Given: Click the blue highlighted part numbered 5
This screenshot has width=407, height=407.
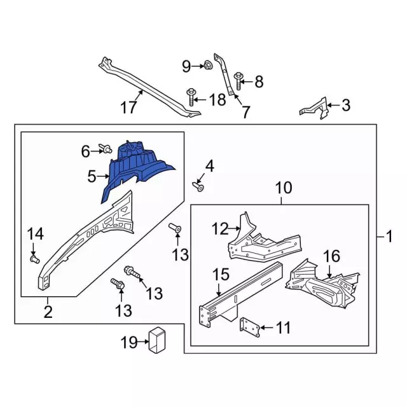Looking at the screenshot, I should [137, 169].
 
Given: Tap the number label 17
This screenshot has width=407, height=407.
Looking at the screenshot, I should [128, 107].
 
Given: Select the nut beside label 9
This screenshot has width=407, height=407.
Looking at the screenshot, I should [207, 65].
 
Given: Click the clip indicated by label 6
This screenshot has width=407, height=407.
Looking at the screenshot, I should [106, 150].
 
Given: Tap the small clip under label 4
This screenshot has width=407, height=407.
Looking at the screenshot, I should [199, 187].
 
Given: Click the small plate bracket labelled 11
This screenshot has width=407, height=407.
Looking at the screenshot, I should [249, 327].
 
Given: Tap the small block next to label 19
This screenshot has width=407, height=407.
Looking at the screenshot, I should [156, 339].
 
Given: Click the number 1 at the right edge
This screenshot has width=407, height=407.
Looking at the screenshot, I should [389, 237].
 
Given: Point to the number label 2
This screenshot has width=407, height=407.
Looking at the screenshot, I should [48, 312].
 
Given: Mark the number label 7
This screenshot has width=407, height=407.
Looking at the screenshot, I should [245, 112].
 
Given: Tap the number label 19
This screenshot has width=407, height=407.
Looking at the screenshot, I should [128, 343].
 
